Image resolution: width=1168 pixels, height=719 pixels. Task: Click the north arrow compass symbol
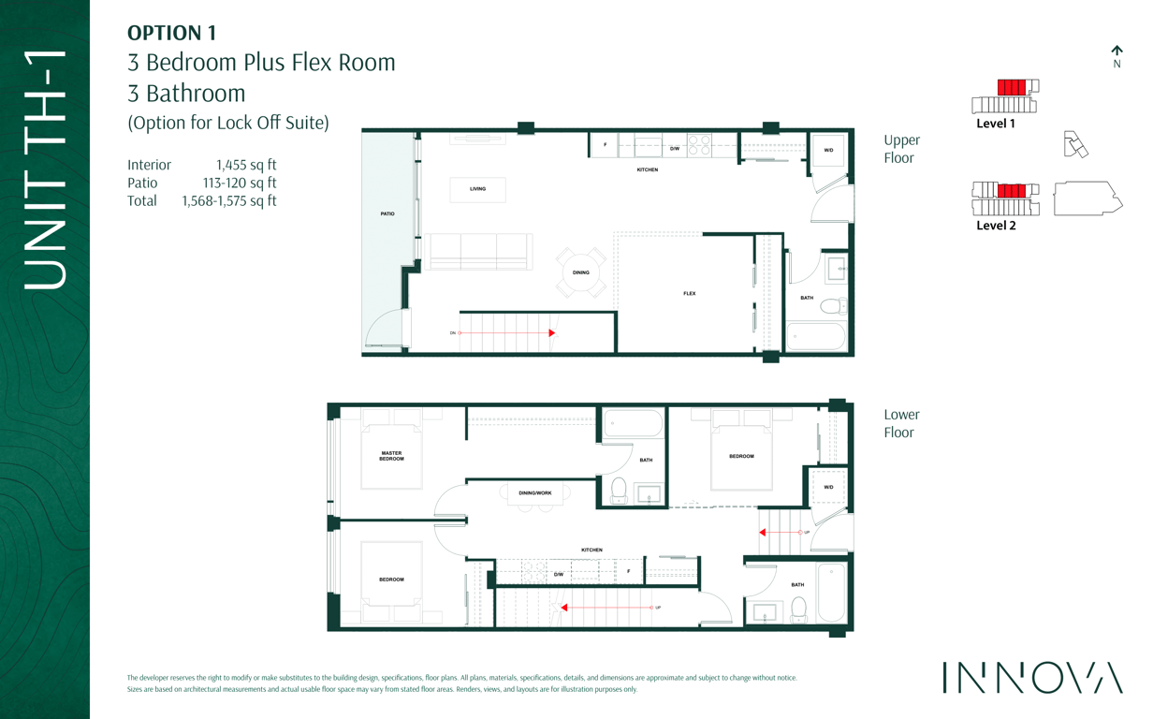coord(1117,57)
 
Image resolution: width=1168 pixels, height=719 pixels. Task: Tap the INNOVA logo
coord(1032,677)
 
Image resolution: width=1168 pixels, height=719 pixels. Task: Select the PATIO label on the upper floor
coord(387,214)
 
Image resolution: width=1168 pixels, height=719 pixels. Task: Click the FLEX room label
coord(690,293)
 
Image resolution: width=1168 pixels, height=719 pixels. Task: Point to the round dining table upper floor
coord(581,272)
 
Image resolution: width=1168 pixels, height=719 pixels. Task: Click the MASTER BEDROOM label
coord(391,456)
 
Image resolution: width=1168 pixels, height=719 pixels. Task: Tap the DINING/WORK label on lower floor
coord(535,493)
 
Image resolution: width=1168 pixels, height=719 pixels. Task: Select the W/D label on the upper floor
coord(828,151)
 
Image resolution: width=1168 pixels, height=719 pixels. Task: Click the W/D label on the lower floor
coord(828,488)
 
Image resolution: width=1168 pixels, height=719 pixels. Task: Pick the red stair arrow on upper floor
coord(506,333)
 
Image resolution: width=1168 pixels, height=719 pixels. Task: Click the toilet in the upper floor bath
coord(834,306)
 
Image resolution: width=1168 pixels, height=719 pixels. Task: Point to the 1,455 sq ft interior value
coord(246,165)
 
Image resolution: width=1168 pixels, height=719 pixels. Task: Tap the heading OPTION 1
coord(171,33)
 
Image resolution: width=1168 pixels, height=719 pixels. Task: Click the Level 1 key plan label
coord(996,124)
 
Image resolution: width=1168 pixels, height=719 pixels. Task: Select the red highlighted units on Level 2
coord(1012,190)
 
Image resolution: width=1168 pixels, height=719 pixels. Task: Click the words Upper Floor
coord(901,149)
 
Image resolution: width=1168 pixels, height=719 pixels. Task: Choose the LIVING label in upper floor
coord(477,189)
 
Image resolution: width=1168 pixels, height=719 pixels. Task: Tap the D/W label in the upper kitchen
coord(675,149)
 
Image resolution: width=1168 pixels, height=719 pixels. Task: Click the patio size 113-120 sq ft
coord(240,183)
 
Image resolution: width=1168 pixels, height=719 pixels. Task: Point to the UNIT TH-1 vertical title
coord(45,169)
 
